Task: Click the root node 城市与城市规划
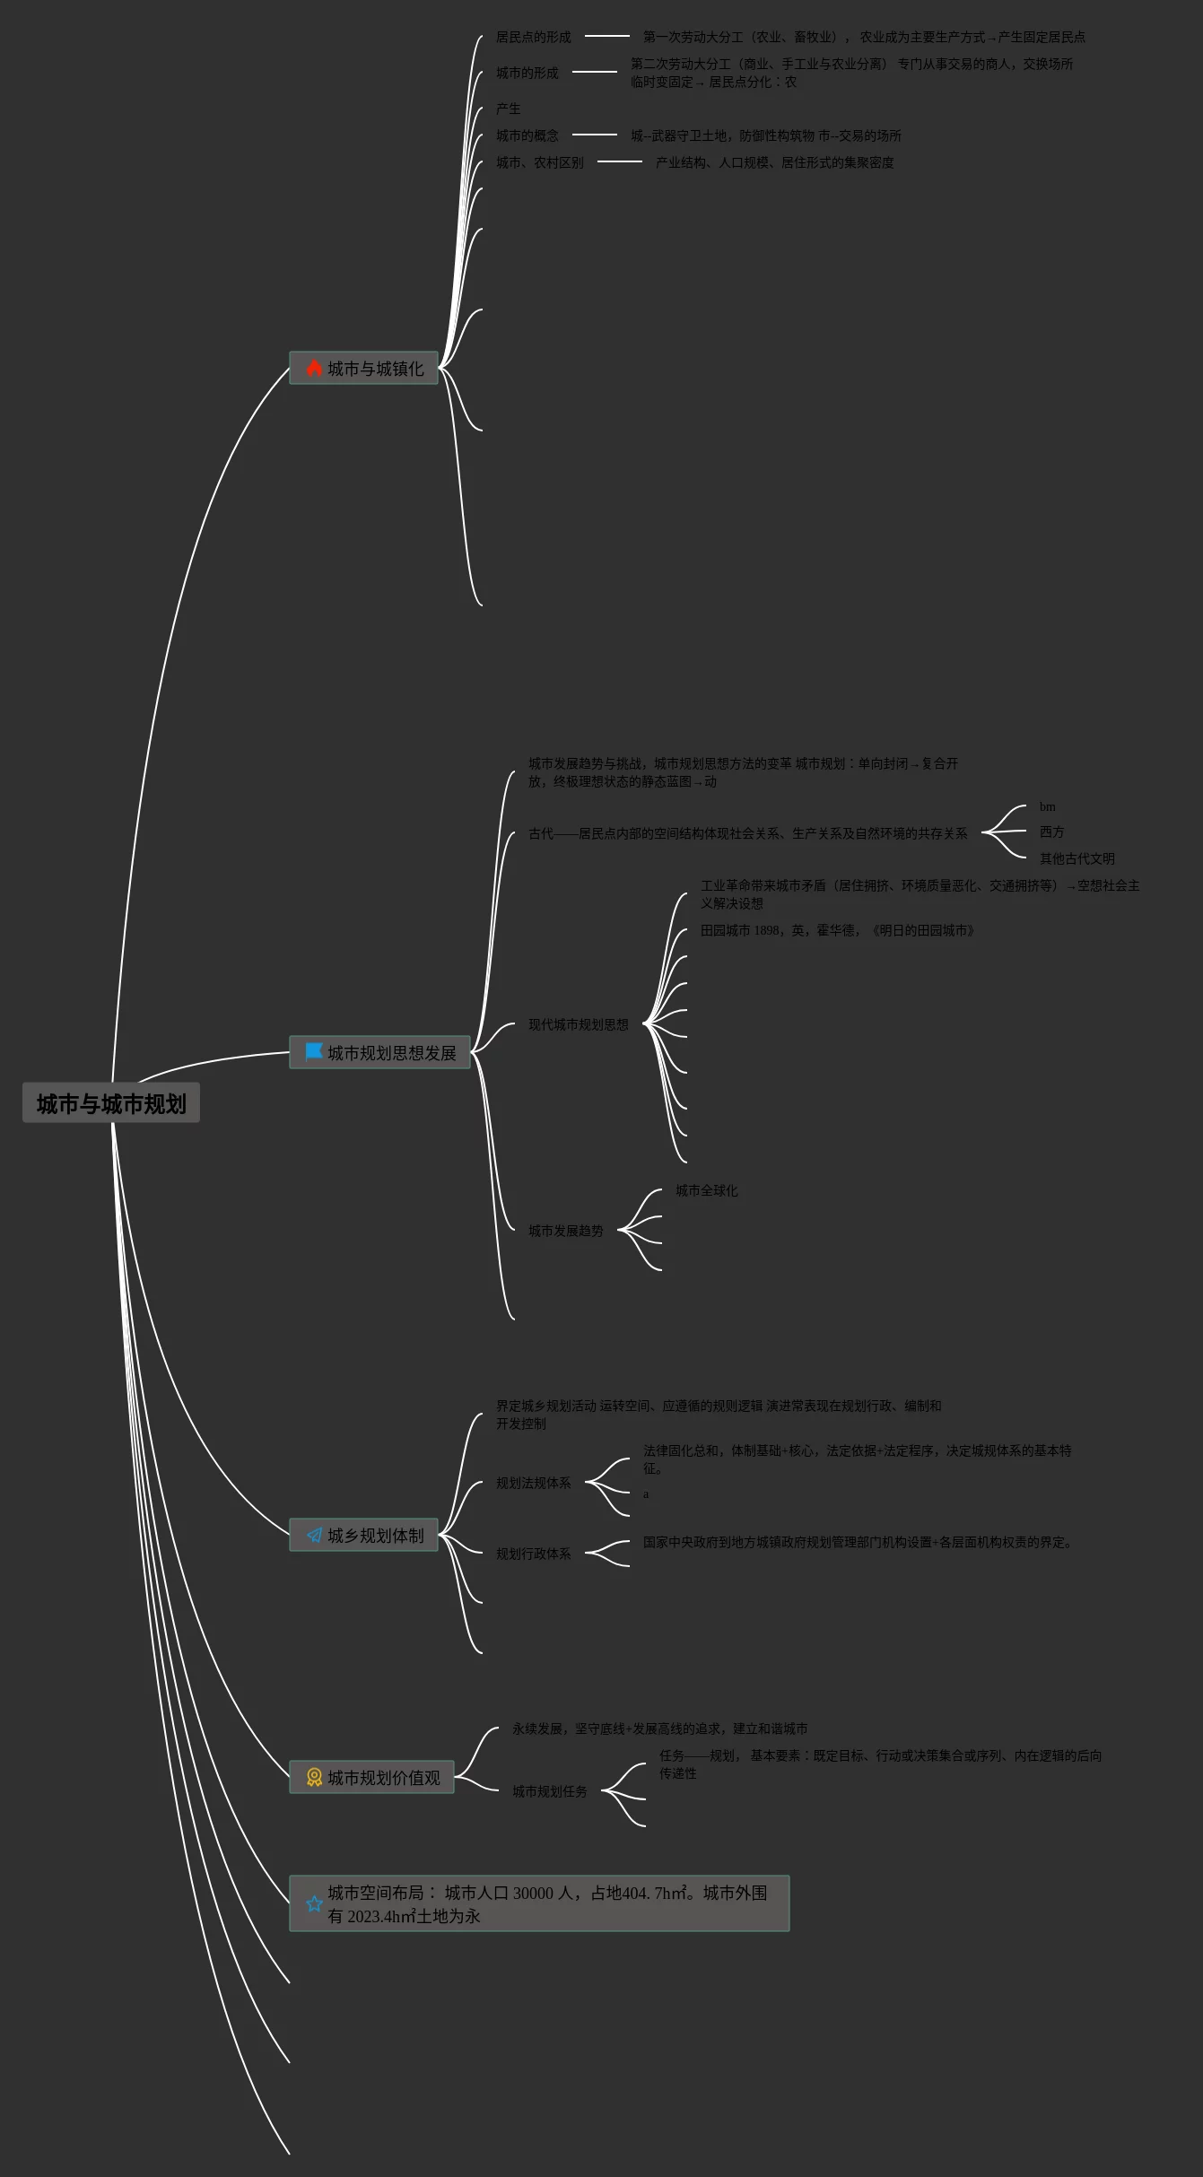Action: point(111,1103)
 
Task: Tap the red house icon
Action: point(314,369)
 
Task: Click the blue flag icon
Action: point(314,1051)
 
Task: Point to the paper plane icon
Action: point(314,1536)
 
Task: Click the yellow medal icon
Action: point(314,1777)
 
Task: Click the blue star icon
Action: point(314,1903)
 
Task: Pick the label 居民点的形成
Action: point(533,38)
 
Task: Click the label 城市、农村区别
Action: point(539,163)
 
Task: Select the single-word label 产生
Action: point(508,109)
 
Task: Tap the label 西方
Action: point(1051,832)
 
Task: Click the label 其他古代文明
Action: point(1077,859)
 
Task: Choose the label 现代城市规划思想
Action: point(578,1025)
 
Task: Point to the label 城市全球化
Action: point(706,1191)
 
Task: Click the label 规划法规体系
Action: point(533,1484)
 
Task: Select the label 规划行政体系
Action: point(533,1554)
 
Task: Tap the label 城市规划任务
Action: point(549,1791)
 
